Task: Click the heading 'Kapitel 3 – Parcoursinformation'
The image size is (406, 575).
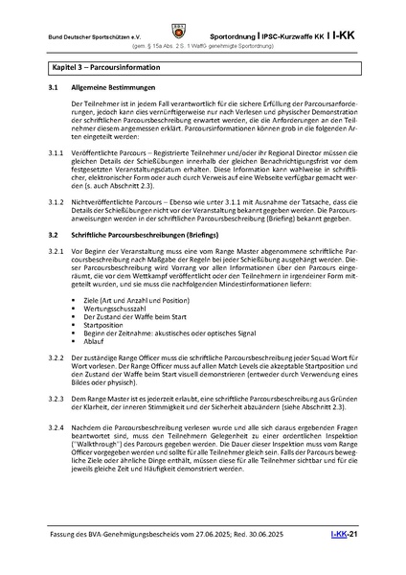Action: tap(106, 70)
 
